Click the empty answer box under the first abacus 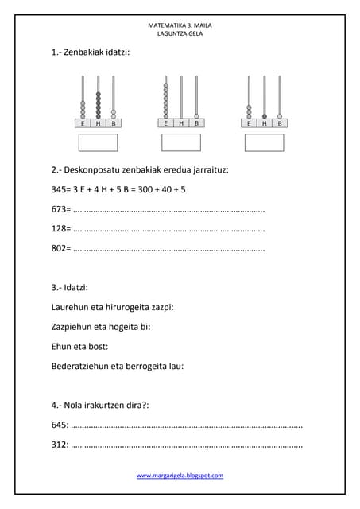98,142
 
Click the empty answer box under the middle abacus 181,142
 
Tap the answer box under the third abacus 265,142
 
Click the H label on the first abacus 98,124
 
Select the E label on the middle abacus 166,123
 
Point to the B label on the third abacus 280,123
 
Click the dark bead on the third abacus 265,116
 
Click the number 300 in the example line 145,189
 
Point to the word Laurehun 69,307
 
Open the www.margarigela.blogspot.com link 180,476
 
